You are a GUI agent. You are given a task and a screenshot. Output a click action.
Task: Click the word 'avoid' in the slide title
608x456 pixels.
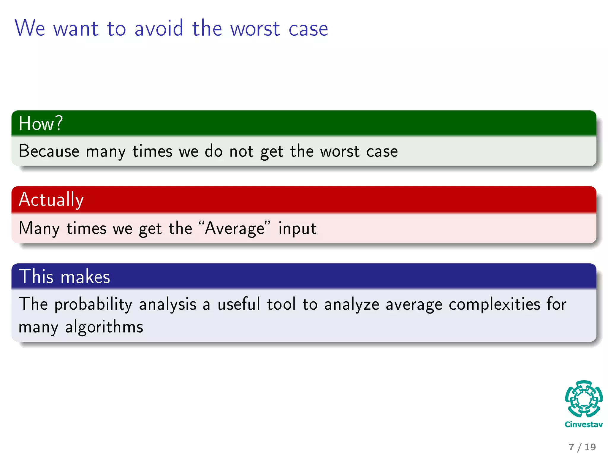[x=159, y=28]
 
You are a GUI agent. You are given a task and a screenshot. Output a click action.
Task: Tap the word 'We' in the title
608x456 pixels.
[x=30, y=28]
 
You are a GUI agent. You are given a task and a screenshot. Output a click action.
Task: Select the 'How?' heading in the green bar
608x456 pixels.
[x=41, y=123]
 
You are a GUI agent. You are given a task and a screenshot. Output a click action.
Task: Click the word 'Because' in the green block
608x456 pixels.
[x=49, y=151]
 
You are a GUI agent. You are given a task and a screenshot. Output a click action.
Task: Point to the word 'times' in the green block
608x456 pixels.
[x=152, y=151]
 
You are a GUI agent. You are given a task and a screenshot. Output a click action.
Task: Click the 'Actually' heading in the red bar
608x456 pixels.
[x=51, y=199]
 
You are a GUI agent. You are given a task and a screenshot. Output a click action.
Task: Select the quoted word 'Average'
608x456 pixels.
[x=235, y=228]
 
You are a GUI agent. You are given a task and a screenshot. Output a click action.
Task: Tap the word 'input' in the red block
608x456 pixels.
[x=297, y=228]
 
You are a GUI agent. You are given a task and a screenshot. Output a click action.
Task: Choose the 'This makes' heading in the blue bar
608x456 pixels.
[x=64, y=276]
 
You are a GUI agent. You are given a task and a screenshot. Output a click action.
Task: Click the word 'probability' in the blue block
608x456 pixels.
[x=93, y=305]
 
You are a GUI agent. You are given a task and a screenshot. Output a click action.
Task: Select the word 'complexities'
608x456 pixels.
[x=494, y=305]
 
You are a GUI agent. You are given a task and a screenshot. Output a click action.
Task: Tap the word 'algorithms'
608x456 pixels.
[x=104, y=327]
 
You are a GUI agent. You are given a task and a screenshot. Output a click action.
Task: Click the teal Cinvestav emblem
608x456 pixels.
[x=584, y=399]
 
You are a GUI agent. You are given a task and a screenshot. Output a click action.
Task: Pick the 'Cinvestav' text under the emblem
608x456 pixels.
[x=584, y=425]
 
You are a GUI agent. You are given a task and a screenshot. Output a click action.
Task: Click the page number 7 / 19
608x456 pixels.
[x=582, y=447]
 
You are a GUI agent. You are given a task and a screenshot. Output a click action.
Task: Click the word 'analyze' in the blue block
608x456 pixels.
[x=351, y=305]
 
